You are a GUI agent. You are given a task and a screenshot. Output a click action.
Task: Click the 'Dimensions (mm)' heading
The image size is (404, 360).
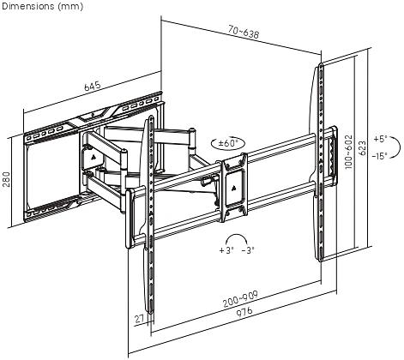pos(42,6)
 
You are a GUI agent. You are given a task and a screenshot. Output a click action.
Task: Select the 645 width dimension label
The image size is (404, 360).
pos(93,86)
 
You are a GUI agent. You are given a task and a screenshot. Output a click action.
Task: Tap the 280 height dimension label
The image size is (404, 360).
pos(6,179)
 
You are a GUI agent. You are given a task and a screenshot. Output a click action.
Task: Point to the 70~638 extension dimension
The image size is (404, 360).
pos(244,31)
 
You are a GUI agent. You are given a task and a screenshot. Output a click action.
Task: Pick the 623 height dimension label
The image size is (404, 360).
pos(362,148)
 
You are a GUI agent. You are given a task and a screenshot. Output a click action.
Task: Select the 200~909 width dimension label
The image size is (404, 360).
pos(241,299)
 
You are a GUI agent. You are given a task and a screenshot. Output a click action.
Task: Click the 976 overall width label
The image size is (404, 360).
pos(244,312)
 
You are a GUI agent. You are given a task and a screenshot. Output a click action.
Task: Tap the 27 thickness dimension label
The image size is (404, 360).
pos(140,319)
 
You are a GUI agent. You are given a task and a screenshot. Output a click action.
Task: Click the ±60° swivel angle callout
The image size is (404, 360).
pos(228,143)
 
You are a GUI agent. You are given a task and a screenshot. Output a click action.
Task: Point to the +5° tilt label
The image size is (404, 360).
pos(380,139)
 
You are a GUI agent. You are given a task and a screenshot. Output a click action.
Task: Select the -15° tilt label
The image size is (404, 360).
pos(380,156)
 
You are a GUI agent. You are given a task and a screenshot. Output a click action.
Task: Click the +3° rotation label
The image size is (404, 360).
pos(226,250)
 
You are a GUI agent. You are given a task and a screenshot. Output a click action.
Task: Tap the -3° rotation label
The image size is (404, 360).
pos(248,250)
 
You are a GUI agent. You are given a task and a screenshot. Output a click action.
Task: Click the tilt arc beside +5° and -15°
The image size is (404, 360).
pos(399,147)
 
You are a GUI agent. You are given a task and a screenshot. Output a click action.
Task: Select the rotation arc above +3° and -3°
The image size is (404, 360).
pos(236,235)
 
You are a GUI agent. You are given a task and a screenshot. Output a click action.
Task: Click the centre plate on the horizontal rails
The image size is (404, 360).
pos(234,187)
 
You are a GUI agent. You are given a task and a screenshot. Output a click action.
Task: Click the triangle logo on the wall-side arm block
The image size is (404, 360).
pos(94,157)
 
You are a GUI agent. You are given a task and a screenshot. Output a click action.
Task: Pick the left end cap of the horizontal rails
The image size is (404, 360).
pos(130,219)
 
